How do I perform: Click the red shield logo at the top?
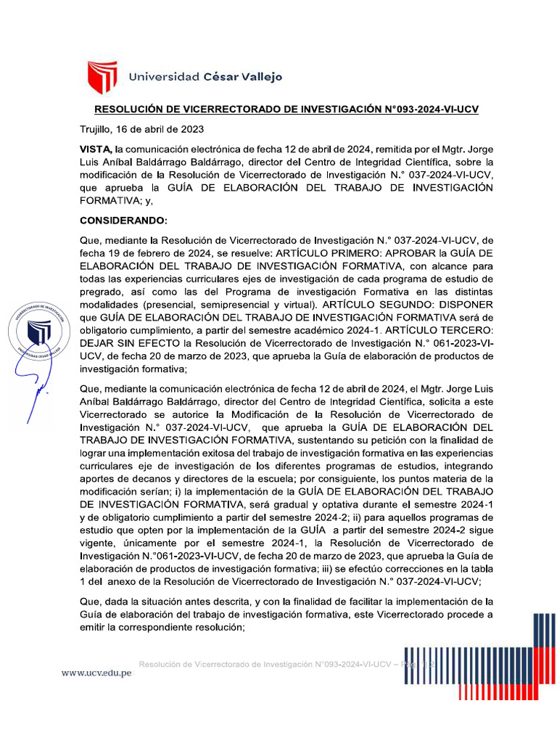tap(102, 78)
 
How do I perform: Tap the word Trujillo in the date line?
tap(97, 130)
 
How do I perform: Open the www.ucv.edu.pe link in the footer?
tap(96, 673)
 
